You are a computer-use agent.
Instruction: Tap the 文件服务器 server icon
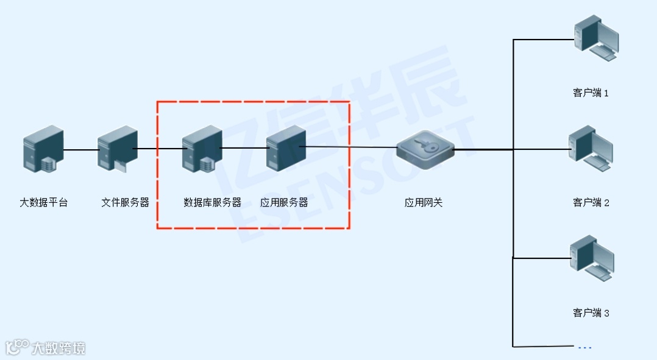(118, 148)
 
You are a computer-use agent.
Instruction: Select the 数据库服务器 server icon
(202, 148)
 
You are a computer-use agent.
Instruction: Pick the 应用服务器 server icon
(285, 147)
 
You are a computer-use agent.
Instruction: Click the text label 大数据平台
(44, 202)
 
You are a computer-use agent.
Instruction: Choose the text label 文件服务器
(125, 202)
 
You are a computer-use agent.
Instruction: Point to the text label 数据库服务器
(212, 202)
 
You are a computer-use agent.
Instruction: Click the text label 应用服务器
(284, 202)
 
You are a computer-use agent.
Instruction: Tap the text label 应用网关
(424, 202)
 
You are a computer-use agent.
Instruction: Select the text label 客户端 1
(591, 93)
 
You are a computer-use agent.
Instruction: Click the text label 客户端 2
(591, 203)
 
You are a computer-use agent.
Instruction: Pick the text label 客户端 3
(591, 313)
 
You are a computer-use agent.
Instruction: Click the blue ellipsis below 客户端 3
(584, 348)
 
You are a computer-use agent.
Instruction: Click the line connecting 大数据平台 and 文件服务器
(81, 149)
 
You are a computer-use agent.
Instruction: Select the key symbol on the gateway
(425, 146)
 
